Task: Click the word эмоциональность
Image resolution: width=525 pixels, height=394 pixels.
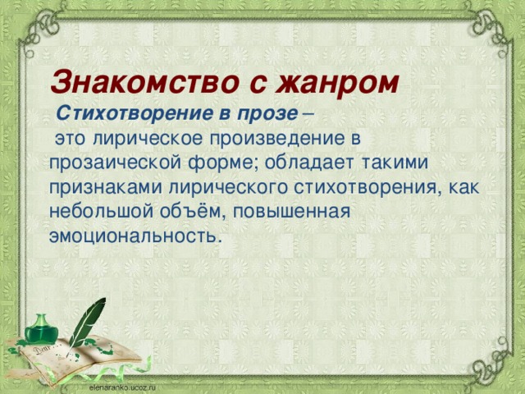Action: (x=133, y=235)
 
